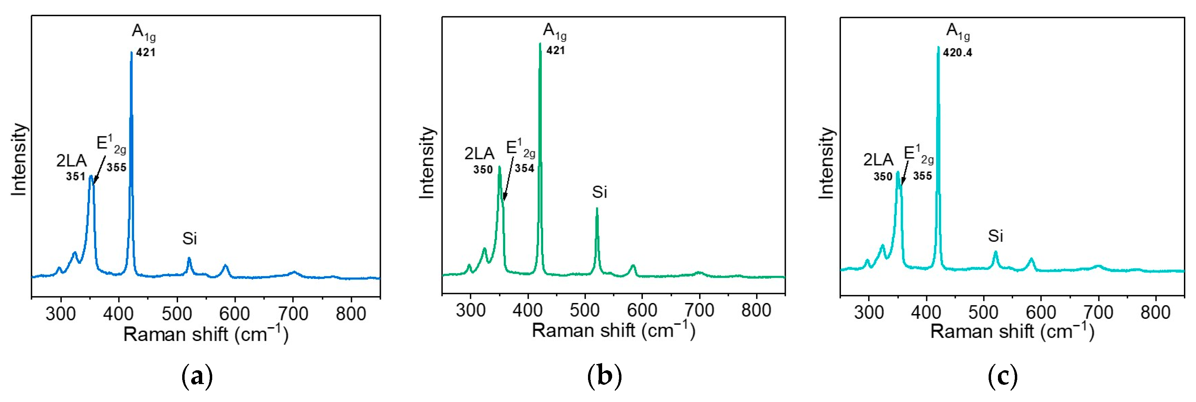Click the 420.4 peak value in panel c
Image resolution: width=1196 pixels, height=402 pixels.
pyautogui.click(x=957, y=53)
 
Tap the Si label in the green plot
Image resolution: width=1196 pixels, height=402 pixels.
pyautogui.click(x=599, y=192)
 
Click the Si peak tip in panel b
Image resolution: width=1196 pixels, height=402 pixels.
pyautogui.click(x=597, y=208)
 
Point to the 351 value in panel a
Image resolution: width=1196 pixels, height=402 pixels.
pyautogui.click(x=76, y=176)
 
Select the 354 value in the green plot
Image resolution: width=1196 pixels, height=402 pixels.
pyautogui.click(x=524, y=168)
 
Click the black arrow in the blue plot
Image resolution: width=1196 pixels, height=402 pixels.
pyautogui.click(x=98, y=171)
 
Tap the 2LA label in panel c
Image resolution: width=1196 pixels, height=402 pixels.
pyautogui.click(x=878, y=160)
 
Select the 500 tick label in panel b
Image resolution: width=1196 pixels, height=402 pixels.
pyautogui.click(x=585, y=310)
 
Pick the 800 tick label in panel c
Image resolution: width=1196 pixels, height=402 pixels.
pyautogui.click(x=1155, y=312)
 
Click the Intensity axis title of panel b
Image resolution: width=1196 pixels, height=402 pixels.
pyautogui.click(x=426, y=163)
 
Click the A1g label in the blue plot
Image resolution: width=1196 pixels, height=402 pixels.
pyautogui.click(x=144, y=32)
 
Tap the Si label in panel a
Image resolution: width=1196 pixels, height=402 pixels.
pyautogui.click(x=189, y=238)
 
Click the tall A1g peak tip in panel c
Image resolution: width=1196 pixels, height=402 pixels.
pyautogui.click(x=938, y=47)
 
